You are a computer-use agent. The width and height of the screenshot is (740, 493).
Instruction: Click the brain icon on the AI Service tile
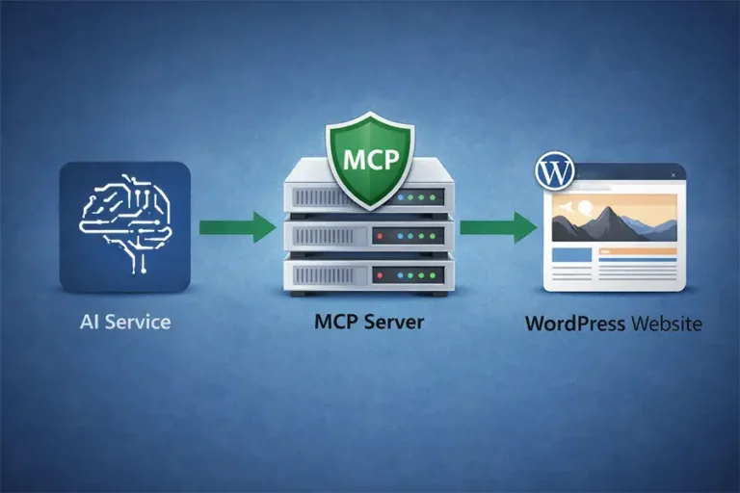[x=124, y=225]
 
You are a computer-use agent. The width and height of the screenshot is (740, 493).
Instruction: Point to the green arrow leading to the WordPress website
[x=497, y=228]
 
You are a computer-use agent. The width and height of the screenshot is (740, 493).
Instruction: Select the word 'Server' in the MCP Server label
[x=395, y=322]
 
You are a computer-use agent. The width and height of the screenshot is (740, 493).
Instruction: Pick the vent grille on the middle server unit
[x=327, y=236]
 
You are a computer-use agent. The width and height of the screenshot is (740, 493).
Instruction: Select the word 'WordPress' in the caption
[x=574, y=324]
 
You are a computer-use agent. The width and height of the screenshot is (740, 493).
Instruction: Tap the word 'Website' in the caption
[x=666, y=324]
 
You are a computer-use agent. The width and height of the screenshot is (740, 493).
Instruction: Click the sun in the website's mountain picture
[x=587, y=206]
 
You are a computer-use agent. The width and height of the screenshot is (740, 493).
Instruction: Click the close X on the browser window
[x=674, y=174]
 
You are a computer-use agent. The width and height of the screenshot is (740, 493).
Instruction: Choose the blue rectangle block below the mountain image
[x=570, y=255]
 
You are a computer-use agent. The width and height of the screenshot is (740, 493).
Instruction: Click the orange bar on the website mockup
[x=637, y=252]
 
